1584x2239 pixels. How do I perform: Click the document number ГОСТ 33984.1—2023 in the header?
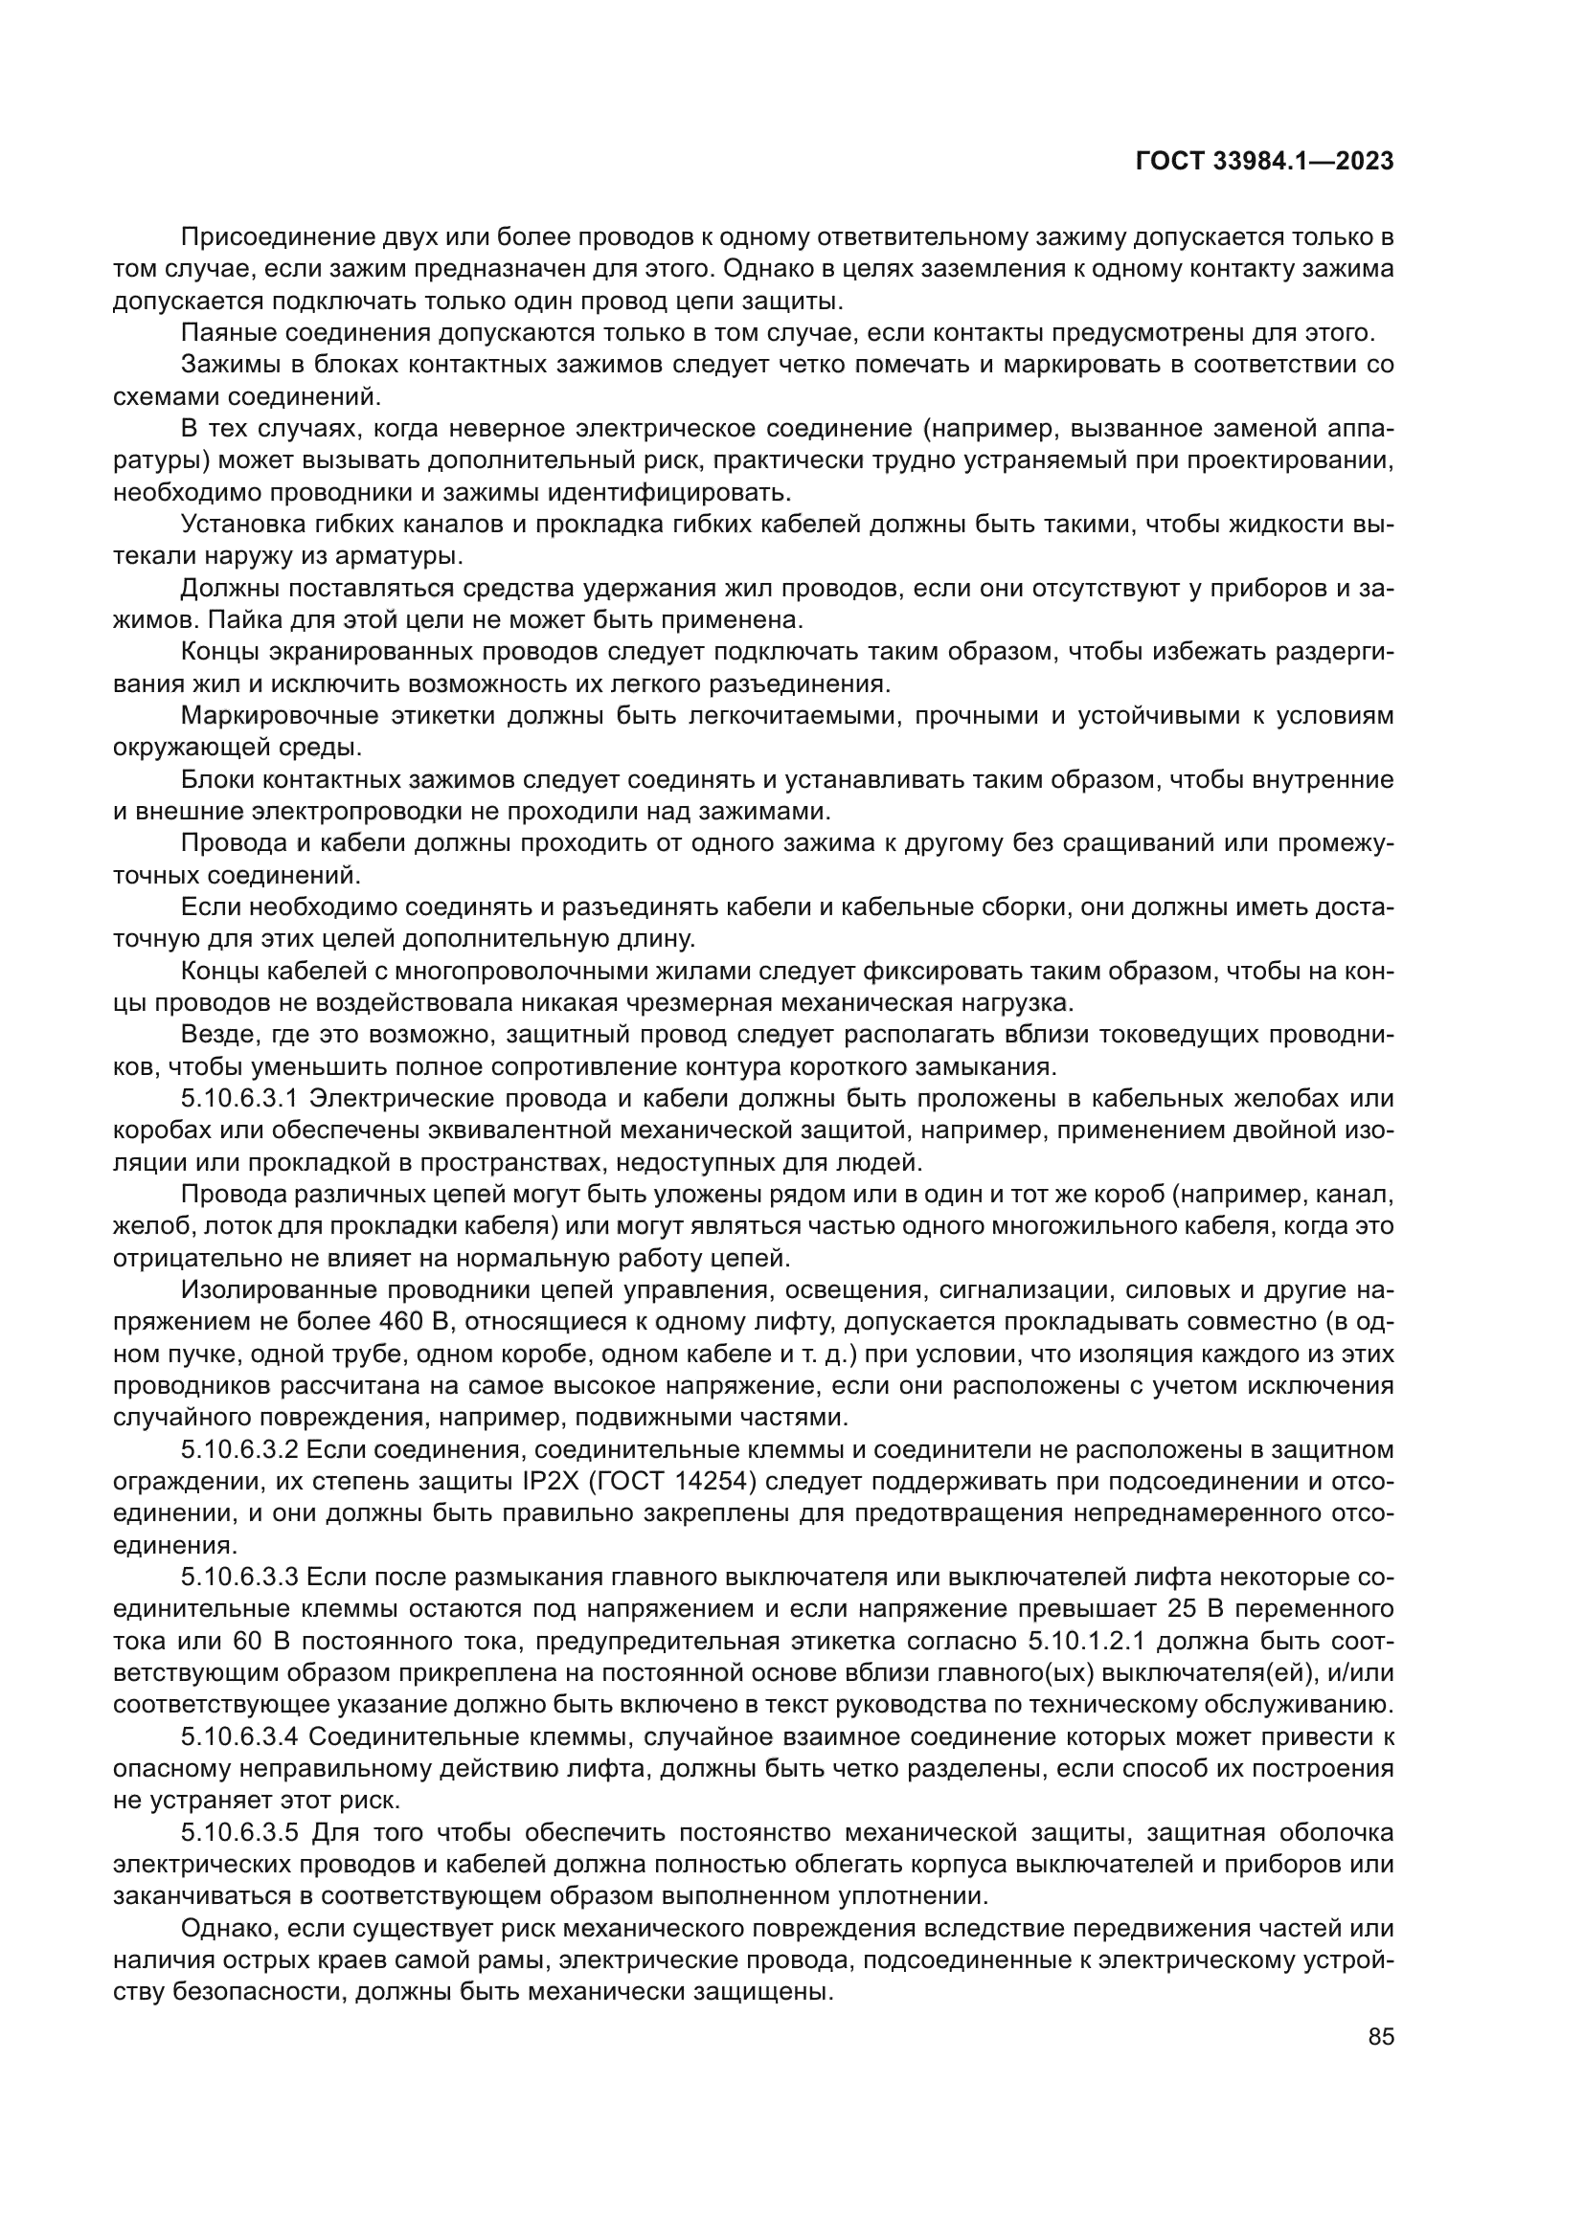coord(1264,162)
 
